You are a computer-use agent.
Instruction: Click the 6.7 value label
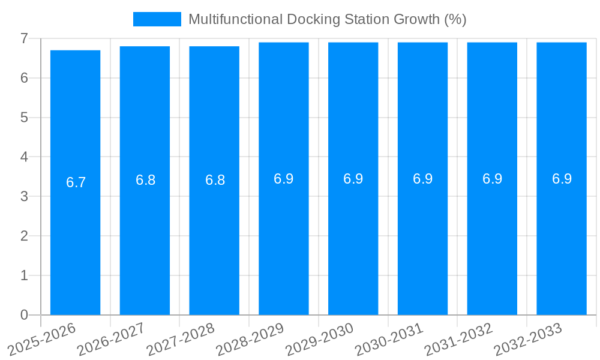tap(76, 182)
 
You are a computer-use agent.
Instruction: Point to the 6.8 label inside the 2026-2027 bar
tap(146, 180)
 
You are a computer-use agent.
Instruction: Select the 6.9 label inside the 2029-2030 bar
tap(353, 179)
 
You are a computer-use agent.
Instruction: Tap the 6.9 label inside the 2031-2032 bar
tap(493, 179)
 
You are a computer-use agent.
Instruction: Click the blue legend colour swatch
tap(157, 19)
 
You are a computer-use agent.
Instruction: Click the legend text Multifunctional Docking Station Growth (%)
tap(328, 19)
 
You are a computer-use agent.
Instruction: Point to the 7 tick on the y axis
tap(24, 38)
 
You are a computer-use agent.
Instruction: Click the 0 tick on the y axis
tap(24, 315)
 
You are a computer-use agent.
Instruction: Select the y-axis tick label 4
tap(24, 157)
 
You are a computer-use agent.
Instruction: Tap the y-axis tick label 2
tap(24, 236)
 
